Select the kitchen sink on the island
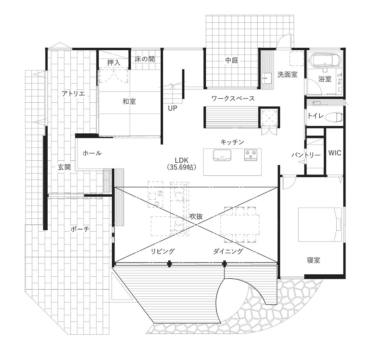222,155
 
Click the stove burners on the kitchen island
251,155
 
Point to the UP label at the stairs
172,108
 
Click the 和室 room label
129,101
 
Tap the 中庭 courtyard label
232,60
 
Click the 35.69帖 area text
181,167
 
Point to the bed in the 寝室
320,225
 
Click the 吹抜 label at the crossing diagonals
196,216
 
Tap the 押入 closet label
113,63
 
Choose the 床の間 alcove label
145,59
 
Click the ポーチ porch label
80,229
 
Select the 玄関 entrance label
64,167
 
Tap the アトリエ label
73,93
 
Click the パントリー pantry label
306,155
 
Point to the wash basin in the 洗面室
267,77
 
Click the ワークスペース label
233,98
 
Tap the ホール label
92,153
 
